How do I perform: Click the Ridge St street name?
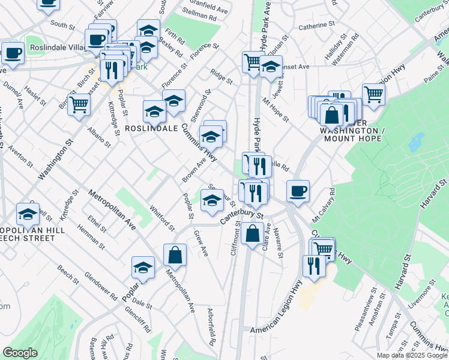click(x=221, y=76)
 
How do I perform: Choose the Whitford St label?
click(x=162, y=219)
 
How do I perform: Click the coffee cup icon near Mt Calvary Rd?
click(x=298, y=191)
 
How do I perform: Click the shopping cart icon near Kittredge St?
click(x=79, y=104)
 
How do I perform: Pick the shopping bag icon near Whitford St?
click(x=174, y=254)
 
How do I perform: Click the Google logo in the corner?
click(x=20, y=353)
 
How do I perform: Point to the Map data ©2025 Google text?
click(x=411, y=355)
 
